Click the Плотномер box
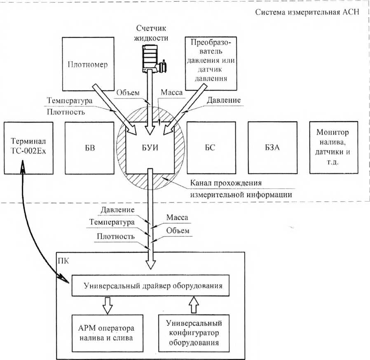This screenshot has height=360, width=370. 88,64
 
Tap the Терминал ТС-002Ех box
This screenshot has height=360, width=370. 28,148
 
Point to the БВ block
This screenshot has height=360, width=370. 89,148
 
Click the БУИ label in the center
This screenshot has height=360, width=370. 150,148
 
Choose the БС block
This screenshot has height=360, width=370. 211,148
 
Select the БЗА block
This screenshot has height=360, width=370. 272,148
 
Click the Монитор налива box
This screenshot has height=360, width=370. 334,147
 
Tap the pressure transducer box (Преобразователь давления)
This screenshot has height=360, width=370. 211,64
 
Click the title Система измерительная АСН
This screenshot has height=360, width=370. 307,12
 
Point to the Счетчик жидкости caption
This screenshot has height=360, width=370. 151,33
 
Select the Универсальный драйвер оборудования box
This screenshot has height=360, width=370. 150,285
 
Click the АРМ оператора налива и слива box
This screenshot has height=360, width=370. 108,333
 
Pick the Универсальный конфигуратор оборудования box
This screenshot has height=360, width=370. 194,333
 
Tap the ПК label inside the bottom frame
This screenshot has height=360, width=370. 63,261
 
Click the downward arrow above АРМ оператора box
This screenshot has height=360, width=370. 108,306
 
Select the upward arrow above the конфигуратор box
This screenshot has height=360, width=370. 194,305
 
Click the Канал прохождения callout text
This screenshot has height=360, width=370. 241,189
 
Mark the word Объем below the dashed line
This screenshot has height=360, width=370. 178,231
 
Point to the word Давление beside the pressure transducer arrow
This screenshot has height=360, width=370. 224,100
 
